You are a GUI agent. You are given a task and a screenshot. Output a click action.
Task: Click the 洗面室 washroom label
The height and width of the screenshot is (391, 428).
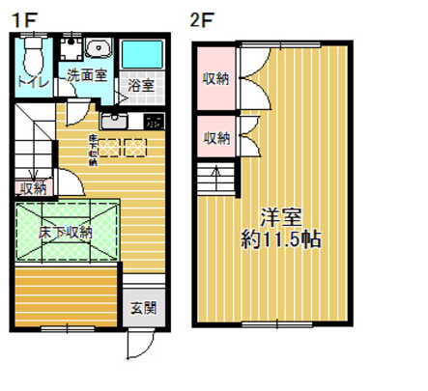point(85,74)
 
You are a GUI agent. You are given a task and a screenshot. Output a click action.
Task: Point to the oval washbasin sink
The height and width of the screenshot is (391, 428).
point(99,49)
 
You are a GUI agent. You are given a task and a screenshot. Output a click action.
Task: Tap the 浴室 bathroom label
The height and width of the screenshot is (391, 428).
point(142,86)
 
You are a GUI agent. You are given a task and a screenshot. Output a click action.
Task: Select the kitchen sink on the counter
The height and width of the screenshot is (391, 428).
point(114,120)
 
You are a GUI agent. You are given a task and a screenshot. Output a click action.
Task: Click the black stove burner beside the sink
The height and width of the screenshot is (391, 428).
point(153,122)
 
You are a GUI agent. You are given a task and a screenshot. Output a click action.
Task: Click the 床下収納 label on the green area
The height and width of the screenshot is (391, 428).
point(67,232)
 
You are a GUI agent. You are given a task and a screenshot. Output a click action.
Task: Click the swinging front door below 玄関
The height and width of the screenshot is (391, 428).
point(137,344)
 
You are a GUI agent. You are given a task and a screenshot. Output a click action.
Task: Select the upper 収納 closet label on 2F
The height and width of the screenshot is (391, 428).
point(216,78)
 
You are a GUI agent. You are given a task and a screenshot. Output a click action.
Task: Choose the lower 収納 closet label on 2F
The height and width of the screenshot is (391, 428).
point(216,138)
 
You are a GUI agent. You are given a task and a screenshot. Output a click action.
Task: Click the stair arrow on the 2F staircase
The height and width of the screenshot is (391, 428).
point(216,177)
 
